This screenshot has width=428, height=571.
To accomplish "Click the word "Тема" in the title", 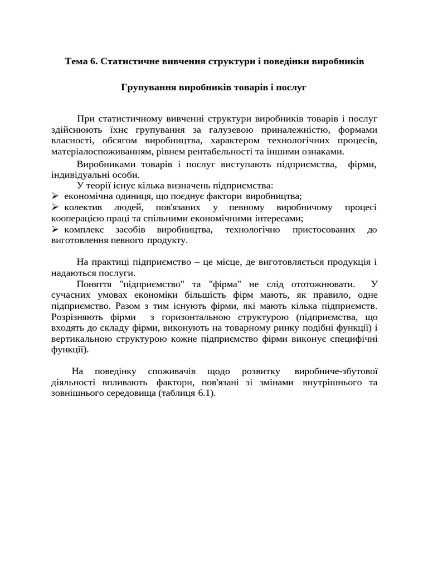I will click(x=76, y=61).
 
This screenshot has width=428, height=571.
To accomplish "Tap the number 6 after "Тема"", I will click(x=93, y=61).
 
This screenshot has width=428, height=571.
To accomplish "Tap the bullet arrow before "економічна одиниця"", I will click(x=55, y=196).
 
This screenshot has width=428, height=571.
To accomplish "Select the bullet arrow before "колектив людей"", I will click(x=55, y=207).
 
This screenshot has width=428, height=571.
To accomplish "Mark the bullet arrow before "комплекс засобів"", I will click(x=55, y=229).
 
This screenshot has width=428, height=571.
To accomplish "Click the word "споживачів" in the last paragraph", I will click(x=171, y=371).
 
